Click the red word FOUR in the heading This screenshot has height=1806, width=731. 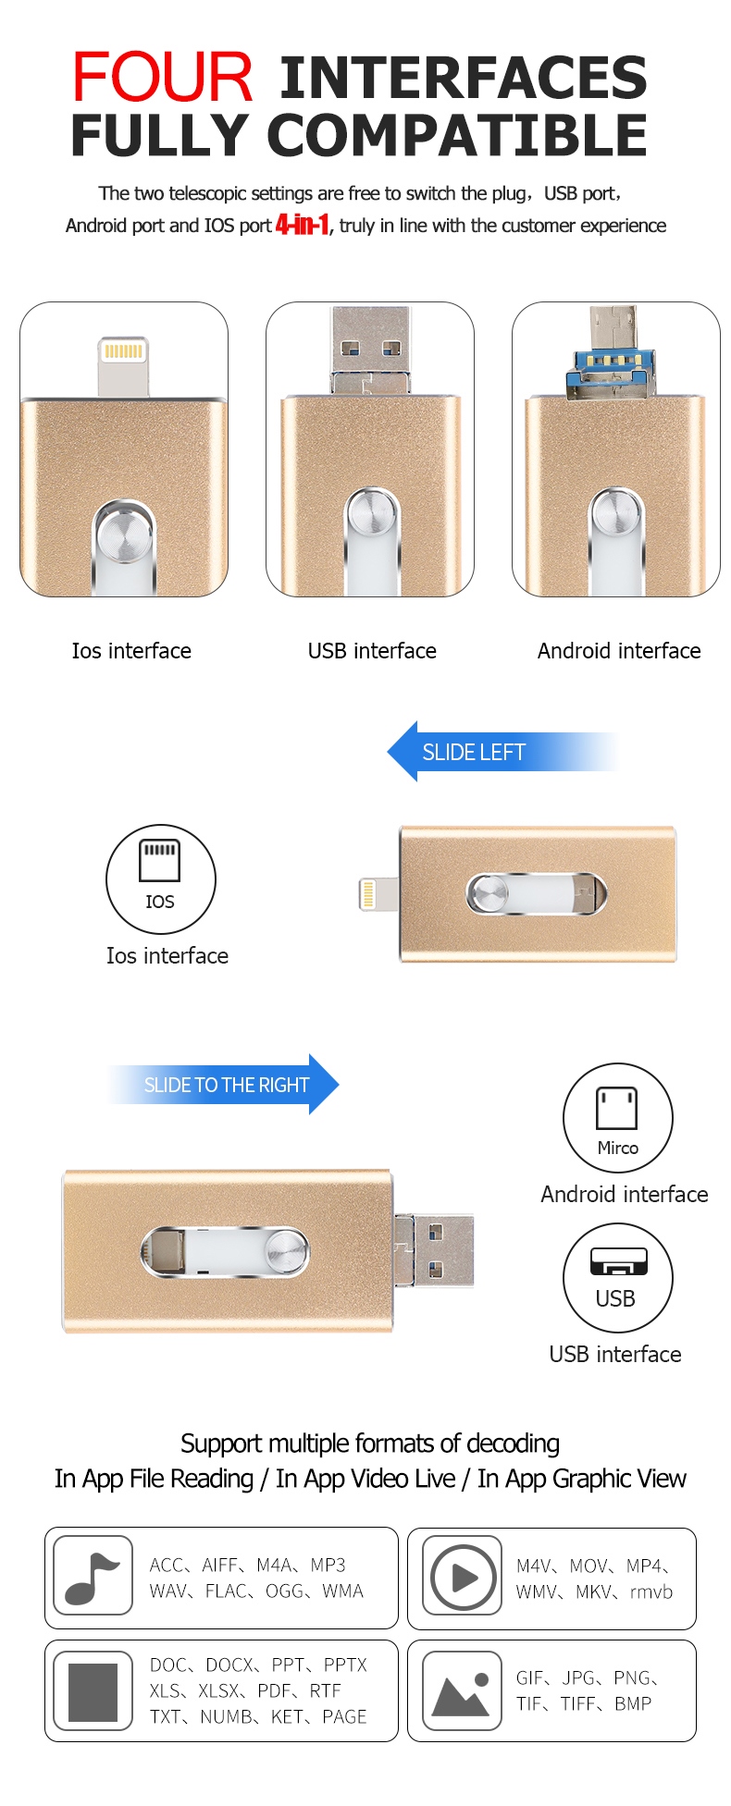(x=163, y=77)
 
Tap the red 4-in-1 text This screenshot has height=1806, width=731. (x=303, y=225)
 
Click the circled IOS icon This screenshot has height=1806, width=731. (x=160, y=878)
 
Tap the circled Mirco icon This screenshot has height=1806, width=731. (x=617, y=1118)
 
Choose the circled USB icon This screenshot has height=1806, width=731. (x=617, y=1278)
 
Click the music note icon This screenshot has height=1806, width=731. (x=93, y=1579)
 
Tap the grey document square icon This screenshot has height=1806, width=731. (x=93, y=1691)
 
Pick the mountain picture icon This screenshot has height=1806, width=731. (x=461, y=1692)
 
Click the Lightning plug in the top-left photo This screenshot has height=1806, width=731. (x=124, y=366)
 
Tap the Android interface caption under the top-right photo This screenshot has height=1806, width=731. (x=619, y=651)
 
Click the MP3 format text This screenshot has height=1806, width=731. (x=328, y=1565)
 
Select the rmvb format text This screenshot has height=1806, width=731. (x=651, y=1591)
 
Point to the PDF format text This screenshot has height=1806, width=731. (x=275, y=1690)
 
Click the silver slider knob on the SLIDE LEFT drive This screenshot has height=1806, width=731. (x=489, y=894)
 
